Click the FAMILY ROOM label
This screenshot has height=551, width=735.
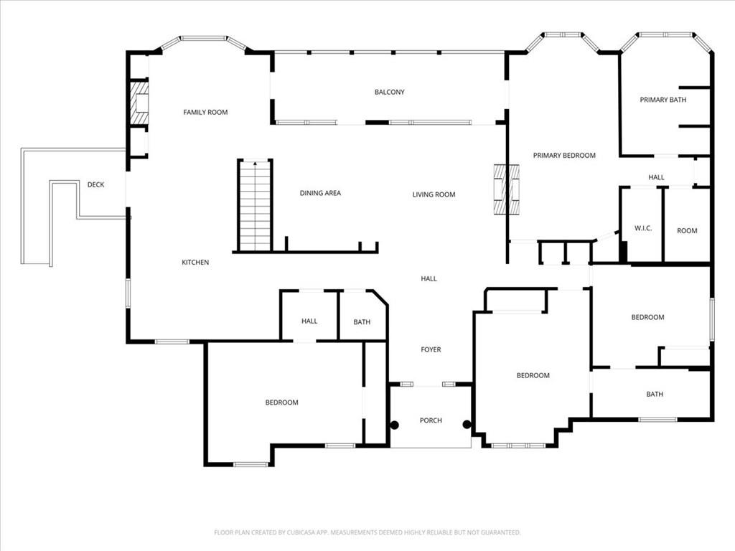coord(205,112)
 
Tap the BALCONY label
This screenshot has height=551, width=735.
coord(389,92)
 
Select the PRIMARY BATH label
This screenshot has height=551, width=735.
coord(663,100)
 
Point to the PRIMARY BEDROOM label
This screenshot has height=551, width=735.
coord(563,155)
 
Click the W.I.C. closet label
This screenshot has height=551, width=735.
coord(642,228)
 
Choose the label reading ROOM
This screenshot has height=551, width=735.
coord(687,231)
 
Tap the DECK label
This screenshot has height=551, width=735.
coord(95,185)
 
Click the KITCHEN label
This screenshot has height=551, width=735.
coord(195,263)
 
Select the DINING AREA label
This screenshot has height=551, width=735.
coord(320,193)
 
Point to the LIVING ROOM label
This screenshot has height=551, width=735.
coord(434,194)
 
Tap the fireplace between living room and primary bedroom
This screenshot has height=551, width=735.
coord(506,189)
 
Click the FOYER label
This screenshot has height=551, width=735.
coord(431,349)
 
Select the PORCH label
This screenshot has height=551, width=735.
coord(431,420)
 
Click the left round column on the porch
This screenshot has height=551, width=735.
coord(394,425)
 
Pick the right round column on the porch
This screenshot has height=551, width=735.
coord(467,425)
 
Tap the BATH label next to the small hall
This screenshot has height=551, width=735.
coord(362,322)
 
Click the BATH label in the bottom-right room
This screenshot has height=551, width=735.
coord(655,394)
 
